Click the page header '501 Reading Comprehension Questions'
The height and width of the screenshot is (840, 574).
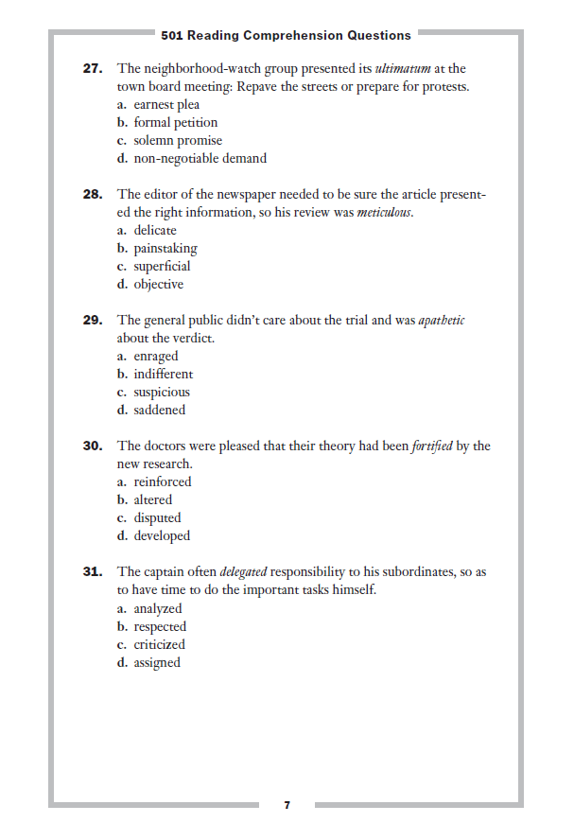click(286, 35)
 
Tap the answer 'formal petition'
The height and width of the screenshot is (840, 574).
click(175, 123)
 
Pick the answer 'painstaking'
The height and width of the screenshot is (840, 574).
click(165, 249)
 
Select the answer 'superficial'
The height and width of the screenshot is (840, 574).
click(162, 267)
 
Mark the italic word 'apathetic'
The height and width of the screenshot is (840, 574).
click(442, 321)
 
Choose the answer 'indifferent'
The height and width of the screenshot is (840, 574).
click(163, 375)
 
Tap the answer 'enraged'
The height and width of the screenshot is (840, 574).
click(155, 357)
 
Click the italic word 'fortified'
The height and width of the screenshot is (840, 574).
click(432, 446)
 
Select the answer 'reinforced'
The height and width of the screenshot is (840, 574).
click(162, 482)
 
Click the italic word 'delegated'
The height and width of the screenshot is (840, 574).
click(243, 572)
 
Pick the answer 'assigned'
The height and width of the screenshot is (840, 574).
click(156, 663)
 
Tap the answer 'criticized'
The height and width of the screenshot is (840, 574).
click(159, 645)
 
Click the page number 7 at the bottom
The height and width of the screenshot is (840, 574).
click(287, 805)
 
